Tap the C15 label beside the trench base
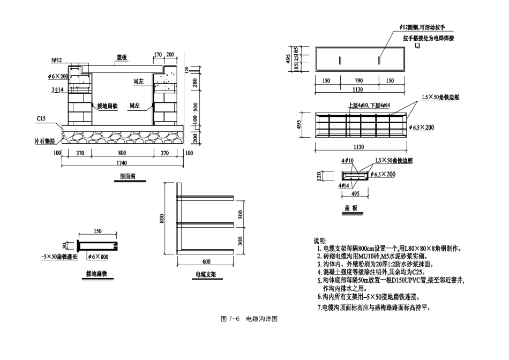(x=41, y=118)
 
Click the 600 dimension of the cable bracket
(x=206, y=262)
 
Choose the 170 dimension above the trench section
(x=158, y=55)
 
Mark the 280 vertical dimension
(x=196, y=83)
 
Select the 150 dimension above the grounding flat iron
(x=98, y=231)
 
